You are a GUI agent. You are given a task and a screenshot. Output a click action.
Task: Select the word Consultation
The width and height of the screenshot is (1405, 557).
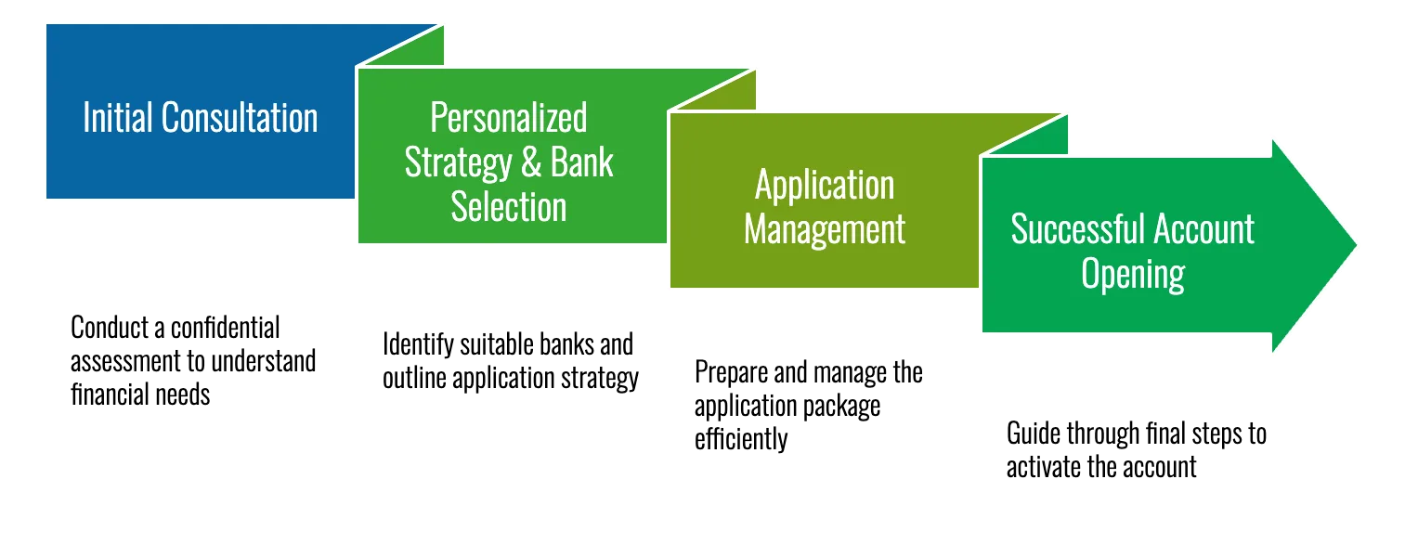click(240, 118)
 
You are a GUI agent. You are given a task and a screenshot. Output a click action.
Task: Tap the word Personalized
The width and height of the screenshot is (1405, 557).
click(509, 119)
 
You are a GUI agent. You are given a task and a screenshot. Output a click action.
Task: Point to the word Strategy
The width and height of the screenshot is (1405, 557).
click(458, 162)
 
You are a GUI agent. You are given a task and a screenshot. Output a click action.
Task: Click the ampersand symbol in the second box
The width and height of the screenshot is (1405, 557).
click(531, 163)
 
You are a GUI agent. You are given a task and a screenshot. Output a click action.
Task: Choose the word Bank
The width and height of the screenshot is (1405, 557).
click(582, 162)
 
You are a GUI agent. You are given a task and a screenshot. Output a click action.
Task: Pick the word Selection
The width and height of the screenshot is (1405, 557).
click(509, 206)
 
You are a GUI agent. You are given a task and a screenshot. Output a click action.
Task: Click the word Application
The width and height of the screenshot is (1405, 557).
click(825, 186)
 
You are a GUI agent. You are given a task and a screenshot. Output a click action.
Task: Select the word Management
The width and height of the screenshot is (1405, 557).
click(825, 228)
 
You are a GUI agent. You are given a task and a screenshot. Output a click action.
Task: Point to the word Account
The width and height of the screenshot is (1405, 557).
click(1203, 229)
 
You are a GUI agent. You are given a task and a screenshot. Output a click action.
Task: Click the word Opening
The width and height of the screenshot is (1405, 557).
click(1133, 274)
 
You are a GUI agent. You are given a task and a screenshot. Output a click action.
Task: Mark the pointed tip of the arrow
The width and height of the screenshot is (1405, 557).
click(1358, 244)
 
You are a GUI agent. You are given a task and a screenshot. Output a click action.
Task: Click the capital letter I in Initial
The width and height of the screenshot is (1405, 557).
click(86, 118)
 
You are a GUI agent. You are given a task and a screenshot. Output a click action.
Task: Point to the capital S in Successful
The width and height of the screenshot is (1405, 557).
click(1019, 229)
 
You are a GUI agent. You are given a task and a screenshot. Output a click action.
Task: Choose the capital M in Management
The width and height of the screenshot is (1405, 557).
click(754, 228)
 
